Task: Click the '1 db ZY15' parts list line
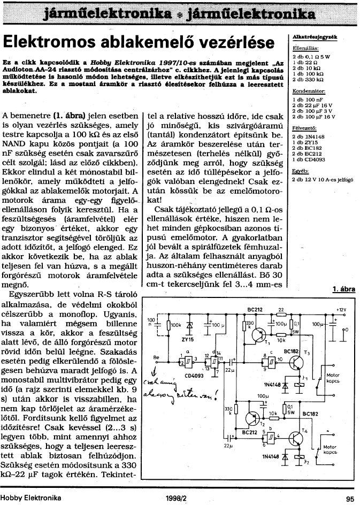[304, 143]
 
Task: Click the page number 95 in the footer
[350, 498]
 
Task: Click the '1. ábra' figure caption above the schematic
[344, 289]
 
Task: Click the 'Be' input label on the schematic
[156, 356]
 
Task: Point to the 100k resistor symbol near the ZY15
[168, 325]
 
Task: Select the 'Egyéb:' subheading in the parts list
[300, 171]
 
